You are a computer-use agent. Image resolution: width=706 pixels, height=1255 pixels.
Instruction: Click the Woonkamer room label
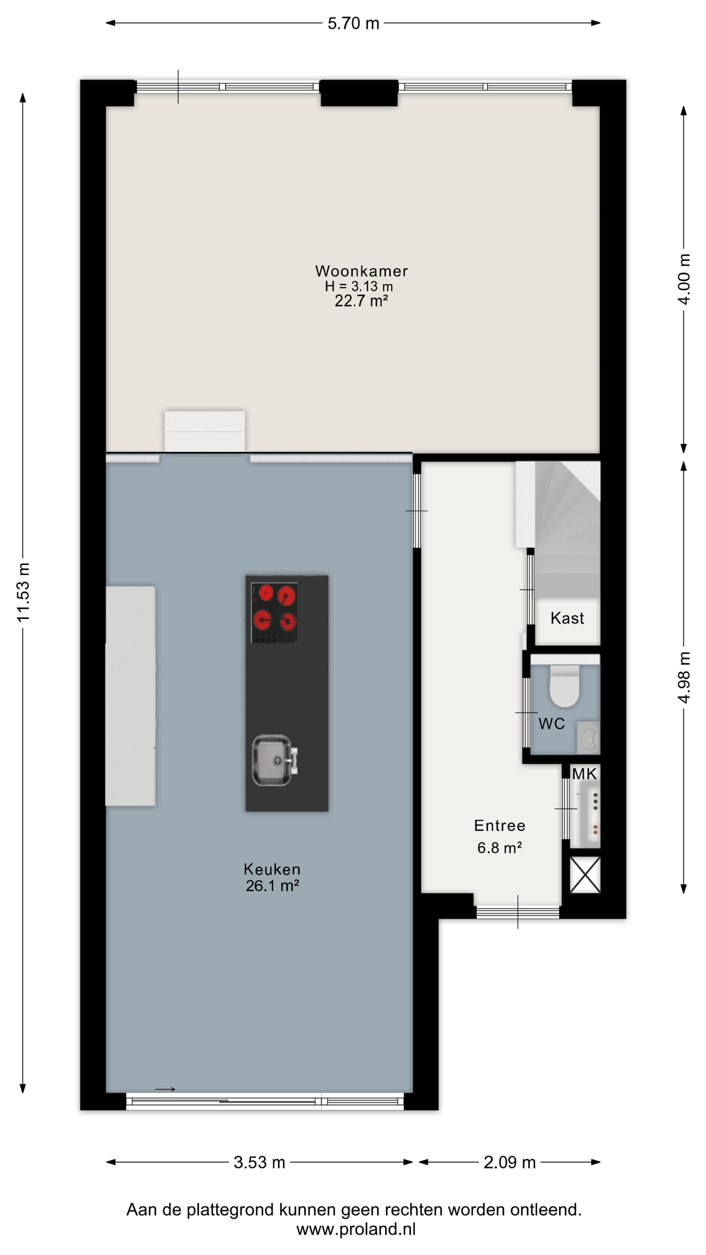(361, 271)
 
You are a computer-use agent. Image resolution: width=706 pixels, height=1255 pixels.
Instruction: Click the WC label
(551, 724)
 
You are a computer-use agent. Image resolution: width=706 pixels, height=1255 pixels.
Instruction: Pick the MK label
(584, 773)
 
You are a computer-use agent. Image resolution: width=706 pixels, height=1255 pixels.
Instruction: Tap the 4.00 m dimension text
(684, 279)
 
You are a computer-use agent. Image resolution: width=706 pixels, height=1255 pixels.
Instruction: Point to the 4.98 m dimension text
(684, 677)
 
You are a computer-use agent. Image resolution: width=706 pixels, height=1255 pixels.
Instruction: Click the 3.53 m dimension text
(259, 1163)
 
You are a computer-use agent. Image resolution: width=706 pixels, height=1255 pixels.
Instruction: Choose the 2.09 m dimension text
(510, 1163)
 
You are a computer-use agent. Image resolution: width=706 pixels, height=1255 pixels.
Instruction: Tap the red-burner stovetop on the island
(274, 613)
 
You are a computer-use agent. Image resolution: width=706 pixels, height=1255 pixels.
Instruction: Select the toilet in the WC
(564, 685)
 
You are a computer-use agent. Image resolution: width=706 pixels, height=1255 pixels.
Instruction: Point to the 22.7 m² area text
(361, 301)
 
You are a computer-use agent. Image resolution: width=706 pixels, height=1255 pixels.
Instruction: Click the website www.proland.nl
(356, 1229)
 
